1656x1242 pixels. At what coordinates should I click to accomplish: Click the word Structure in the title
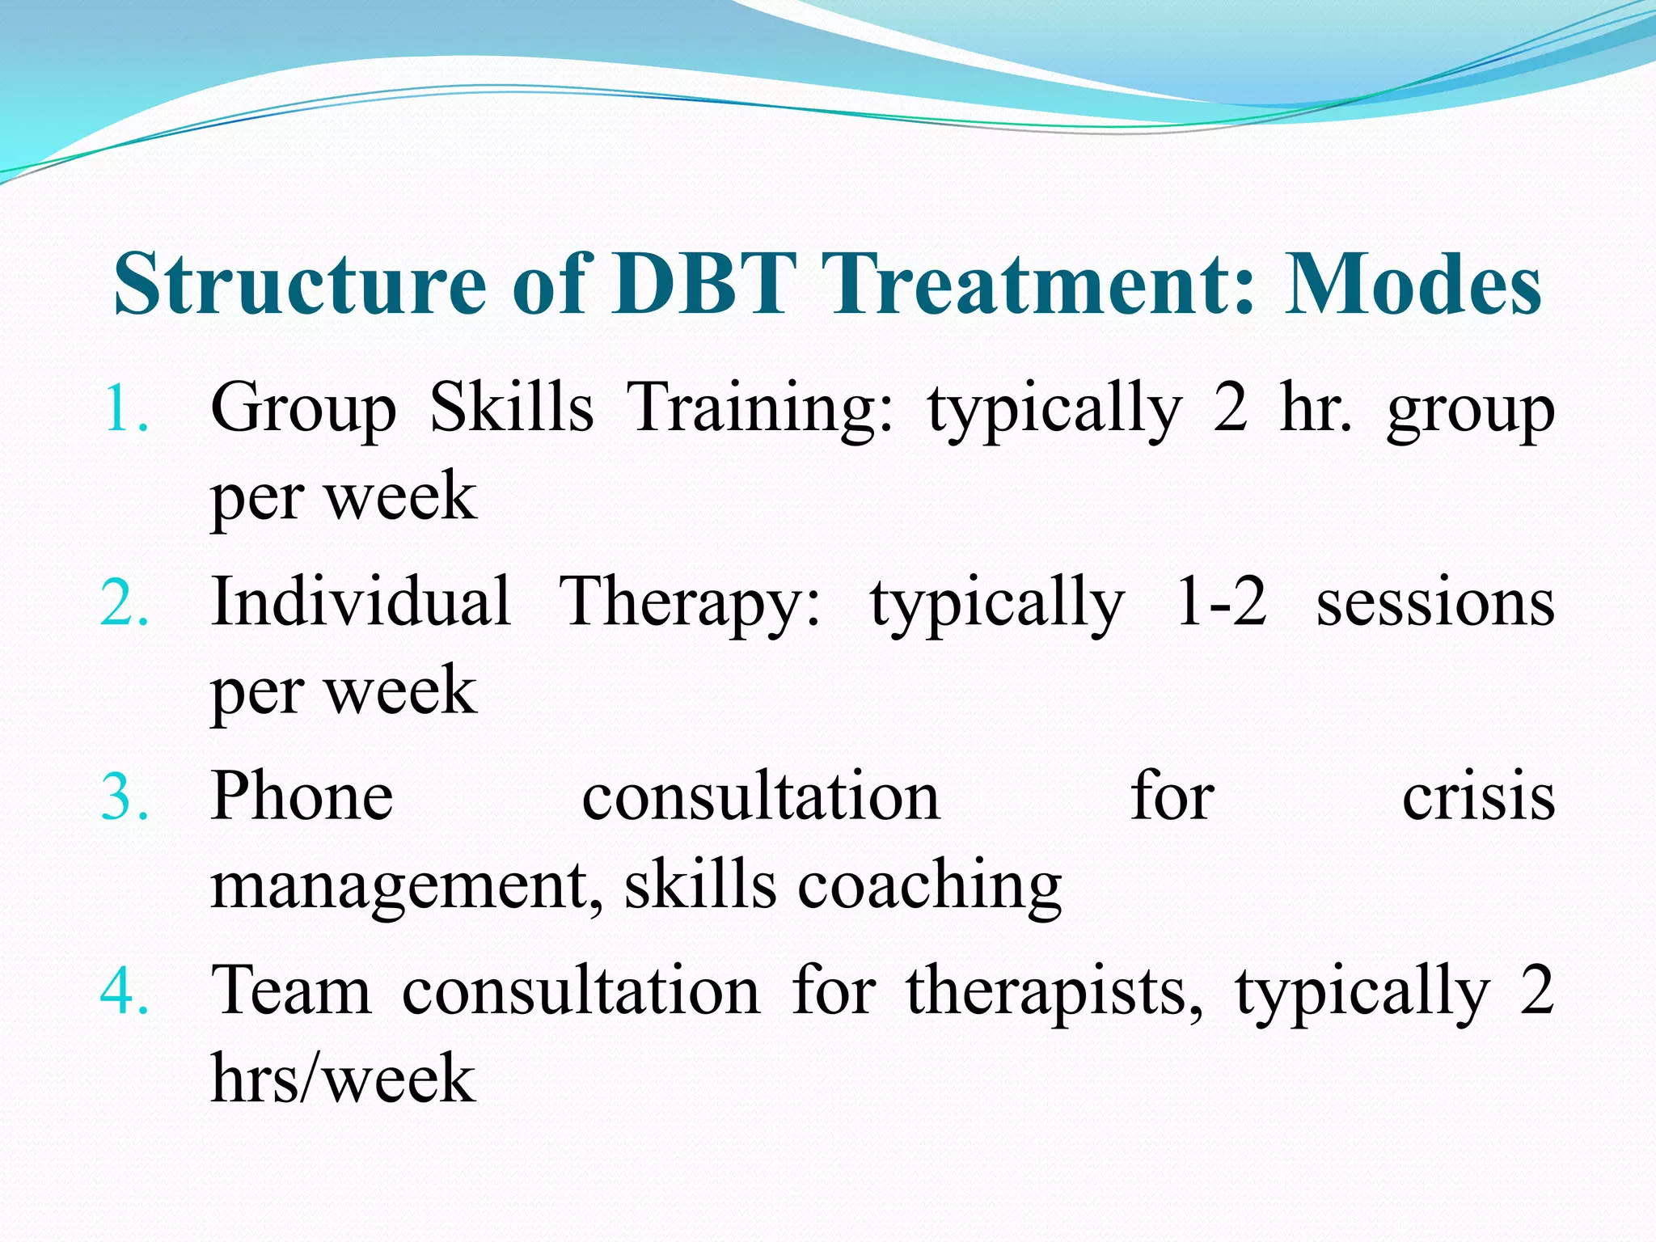coord(300,285)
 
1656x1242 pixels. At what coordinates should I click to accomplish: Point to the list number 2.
coord(125,603)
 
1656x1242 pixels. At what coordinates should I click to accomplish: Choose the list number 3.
coord(125,797)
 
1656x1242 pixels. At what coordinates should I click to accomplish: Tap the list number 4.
coord(125,991)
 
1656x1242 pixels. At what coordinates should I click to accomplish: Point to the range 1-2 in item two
coord(1220,603)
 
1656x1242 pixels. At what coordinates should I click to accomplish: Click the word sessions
coord(1435,605)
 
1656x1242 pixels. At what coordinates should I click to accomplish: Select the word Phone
coord(302,796)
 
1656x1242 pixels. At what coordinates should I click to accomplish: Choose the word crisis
coord(1478,797)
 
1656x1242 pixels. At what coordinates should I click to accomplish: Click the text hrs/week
coord(343,1079)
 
